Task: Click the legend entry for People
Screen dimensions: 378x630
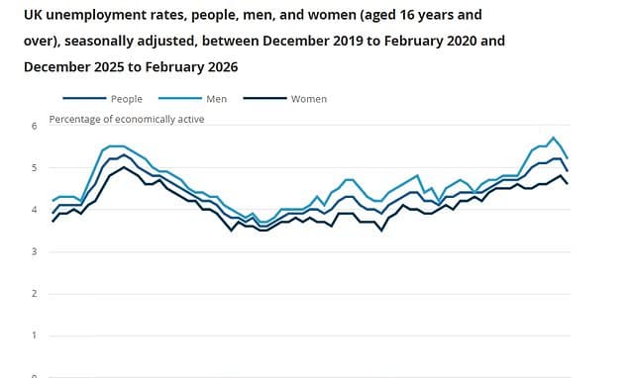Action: click(x=126, y=99)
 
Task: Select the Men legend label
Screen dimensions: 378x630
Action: click(x=215, y=99)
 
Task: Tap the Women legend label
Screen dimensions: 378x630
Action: click(x=308, y=99)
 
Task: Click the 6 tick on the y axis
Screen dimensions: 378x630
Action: click(x=34, y=127)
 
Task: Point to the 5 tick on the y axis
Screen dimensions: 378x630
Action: click(x=34, y=168)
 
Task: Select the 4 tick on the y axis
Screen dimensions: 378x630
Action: click(x=34, y=210)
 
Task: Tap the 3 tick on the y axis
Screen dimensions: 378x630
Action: click(x=34, y=252)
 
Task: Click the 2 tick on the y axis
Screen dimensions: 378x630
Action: click(x=34, y=294)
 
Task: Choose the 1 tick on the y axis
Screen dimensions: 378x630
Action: click(x=34, y=335)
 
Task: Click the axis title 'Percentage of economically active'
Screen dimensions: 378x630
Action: click(x=130, y=120)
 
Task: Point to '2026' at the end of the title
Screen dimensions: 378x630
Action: click(x=220, y=67)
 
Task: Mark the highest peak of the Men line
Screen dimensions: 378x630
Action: click(x=553, y=138)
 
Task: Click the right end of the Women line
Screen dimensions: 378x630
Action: click(x=567, y=184)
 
